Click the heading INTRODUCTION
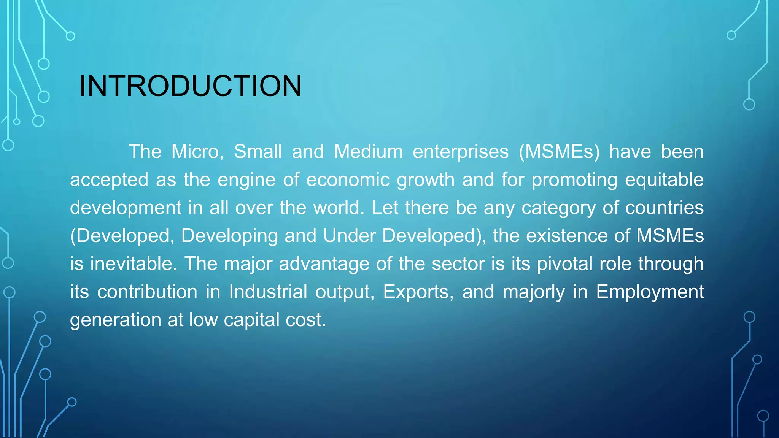coord(190,86)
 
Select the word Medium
coord(368,152)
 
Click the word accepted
coord(109,180)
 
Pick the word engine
coord(246,180)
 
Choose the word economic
coord(348,180)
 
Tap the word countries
coord(665,208)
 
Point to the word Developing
coord(229,236)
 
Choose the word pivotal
coord(565,264)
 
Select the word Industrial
coord(268,292)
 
